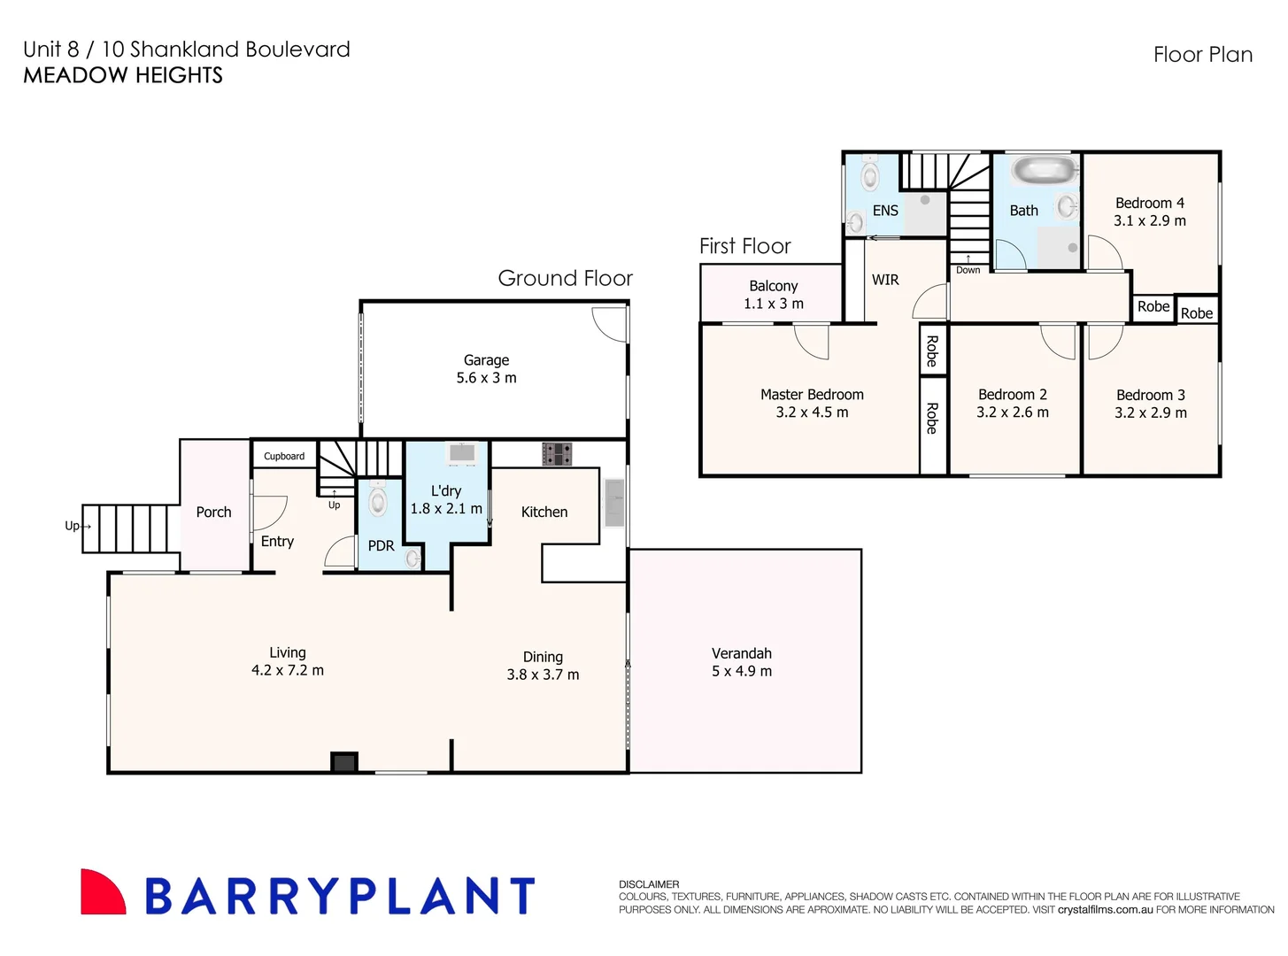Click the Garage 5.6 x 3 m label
[x=486, y=369]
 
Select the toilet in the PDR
[x=378, y=501]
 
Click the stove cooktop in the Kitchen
[x=557, y=454]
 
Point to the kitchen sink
[x=614, y=502]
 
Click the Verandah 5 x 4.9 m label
[x=742, y=662]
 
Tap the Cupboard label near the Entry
[x=284, y=457]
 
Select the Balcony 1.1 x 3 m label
[x=774, y=295]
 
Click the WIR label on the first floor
[x=885, y=280]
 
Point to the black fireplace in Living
[x=343, y=762]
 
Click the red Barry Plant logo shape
[x=102, y=892]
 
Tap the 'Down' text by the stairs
[x=968, y=270]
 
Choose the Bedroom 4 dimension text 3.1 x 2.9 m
[x=1150, y=221]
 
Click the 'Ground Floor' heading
[x=565, y=279]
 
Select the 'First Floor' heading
[x=744, y=246]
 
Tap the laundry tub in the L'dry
[x=462, y=453]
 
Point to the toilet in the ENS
[x=870, y=174]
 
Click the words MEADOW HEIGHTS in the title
[x=123, y=75]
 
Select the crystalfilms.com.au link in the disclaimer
[x=1105, y=910]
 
